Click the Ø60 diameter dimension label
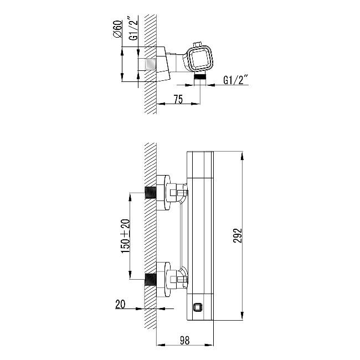(117, 29)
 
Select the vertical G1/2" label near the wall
(133, 28)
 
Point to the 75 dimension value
(178, 99)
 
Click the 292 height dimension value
(238, 235)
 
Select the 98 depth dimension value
(184, 340)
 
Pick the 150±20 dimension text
(125, 236)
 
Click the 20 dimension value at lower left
(120, 304)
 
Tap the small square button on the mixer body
(198, 307)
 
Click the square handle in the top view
(199, 59)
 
